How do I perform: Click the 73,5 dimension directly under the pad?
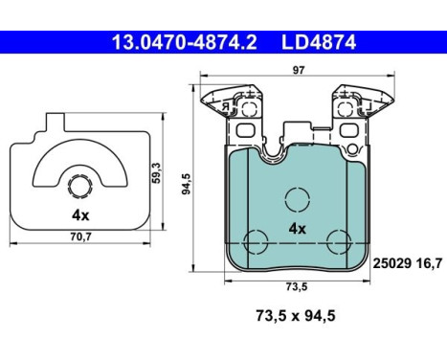[296, 286]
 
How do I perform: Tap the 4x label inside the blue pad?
[298, 228]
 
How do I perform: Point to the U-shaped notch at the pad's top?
[297, 139]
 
